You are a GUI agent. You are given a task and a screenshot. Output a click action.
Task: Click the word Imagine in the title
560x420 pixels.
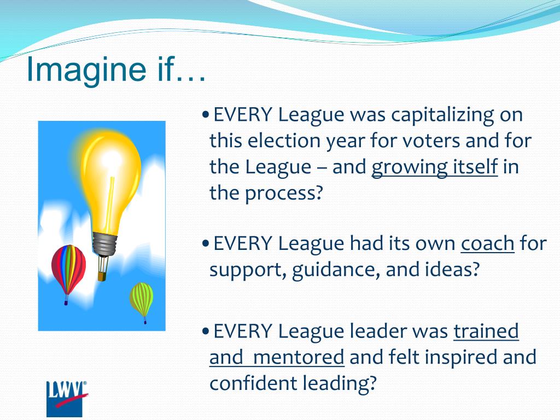(86, 69)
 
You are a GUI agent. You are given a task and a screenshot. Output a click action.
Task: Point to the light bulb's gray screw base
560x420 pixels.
(105, 243)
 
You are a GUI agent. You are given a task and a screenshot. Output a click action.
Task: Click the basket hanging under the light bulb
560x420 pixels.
(102, 276)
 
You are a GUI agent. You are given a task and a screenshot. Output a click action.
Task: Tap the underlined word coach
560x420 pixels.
(487, 243)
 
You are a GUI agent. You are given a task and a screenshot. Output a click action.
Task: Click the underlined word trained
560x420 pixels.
(486, 331)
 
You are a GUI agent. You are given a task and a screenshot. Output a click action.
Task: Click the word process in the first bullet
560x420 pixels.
(284, 193)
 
